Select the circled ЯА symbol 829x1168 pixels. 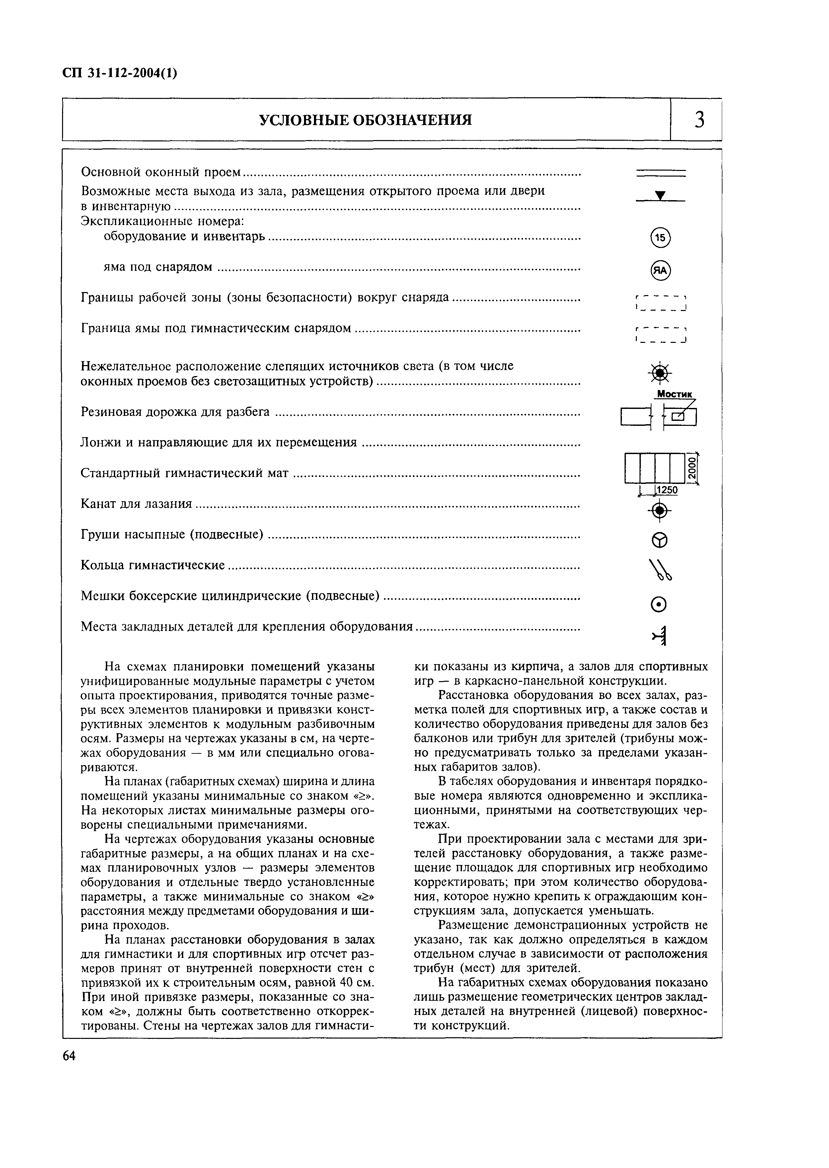click(660, 271)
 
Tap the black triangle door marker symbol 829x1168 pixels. click(660, 195)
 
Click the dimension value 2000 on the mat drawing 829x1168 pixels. click(691, 468)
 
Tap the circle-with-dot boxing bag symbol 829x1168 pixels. click(659, 605)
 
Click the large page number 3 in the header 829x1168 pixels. click(699, 120)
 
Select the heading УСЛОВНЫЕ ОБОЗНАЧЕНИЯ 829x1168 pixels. click(365, 120)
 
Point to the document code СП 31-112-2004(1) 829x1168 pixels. click(120, 73)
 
